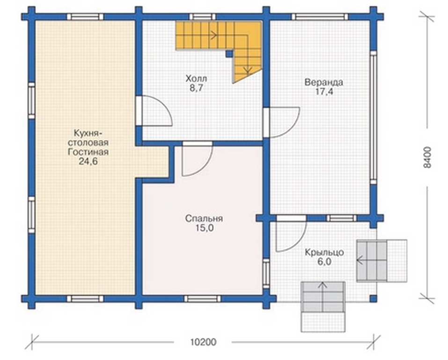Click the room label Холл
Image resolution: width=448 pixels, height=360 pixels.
(x=196, y=78)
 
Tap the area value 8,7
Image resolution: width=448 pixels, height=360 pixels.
(x=196, y=88)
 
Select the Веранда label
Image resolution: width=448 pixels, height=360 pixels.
(x=324, y=82)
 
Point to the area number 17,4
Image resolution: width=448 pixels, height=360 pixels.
(x=324, y=92)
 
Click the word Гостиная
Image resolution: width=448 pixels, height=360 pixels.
(x=88, y=152)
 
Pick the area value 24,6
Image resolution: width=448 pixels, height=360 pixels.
(x=88, y=162)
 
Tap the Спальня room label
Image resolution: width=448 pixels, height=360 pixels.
(x=204, y=219)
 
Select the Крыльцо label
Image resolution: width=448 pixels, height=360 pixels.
(x=324, y=253)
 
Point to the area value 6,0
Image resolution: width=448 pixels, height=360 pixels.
(x=324, y=262)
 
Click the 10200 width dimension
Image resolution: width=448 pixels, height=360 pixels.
(x=203, y=342)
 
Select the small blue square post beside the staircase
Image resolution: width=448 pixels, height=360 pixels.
(x=229, y=53)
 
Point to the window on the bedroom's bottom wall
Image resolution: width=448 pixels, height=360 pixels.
(x=203, y=299)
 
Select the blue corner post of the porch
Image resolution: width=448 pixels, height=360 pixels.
(x=373, y=299)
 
